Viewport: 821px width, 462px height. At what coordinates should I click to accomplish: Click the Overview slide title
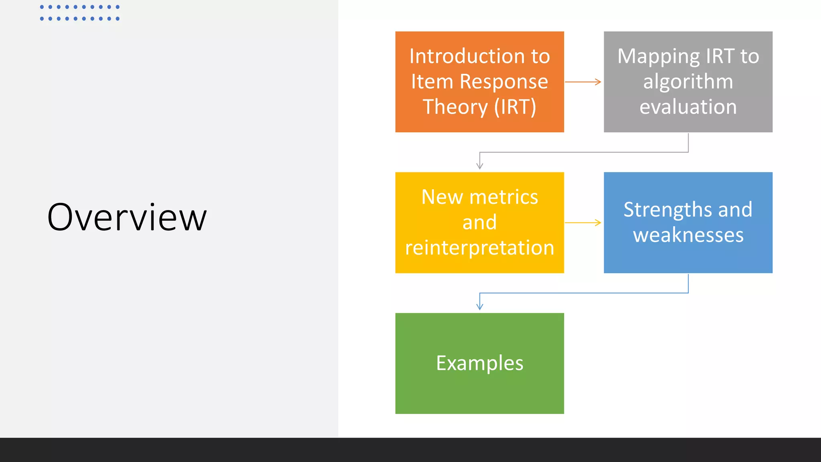tap(127, 218)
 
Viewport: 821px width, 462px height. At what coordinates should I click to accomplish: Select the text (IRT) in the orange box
tap(515, 107)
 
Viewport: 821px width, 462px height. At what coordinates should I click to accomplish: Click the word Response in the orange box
tap(504, 82)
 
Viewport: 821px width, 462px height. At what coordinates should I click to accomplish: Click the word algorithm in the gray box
tap(688, 82)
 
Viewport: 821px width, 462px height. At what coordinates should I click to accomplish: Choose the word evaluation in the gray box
tap(688, 107)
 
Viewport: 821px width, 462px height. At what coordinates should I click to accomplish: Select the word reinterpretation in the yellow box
tap(479, 248)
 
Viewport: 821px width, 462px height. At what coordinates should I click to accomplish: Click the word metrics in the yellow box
tap(504, 197)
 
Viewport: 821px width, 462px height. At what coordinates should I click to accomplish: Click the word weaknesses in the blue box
tap(688, 235)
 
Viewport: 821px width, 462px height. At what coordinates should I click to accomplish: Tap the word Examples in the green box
tap(479, 363)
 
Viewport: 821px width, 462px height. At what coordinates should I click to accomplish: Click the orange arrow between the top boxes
tap(583, 82)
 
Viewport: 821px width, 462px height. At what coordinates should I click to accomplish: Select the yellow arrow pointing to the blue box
tap(583, 223)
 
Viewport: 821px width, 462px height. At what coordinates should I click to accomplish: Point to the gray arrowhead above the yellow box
tap(479, 166)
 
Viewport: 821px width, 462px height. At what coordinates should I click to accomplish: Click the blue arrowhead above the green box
tap(479, 306)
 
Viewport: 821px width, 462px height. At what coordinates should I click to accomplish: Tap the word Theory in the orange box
tap(455, 107)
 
